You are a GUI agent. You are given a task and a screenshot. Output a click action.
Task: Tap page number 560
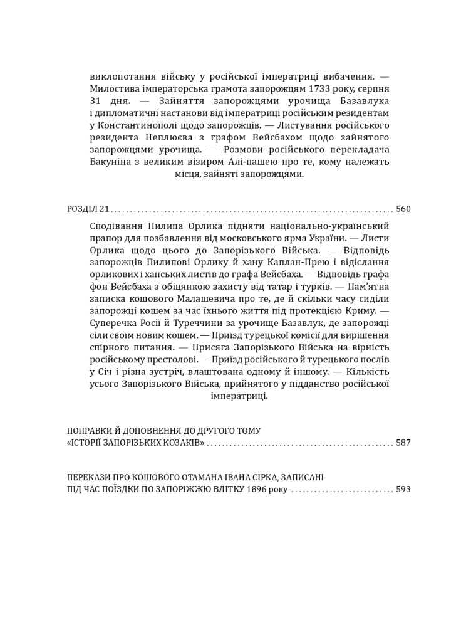pos(403,209)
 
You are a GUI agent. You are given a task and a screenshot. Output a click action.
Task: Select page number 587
pos(403,443)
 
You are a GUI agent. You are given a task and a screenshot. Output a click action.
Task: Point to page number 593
pos(403,489)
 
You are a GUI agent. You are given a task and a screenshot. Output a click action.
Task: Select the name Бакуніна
pos(113,162)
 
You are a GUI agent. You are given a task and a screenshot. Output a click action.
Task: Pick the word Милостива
pos(115,88)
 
